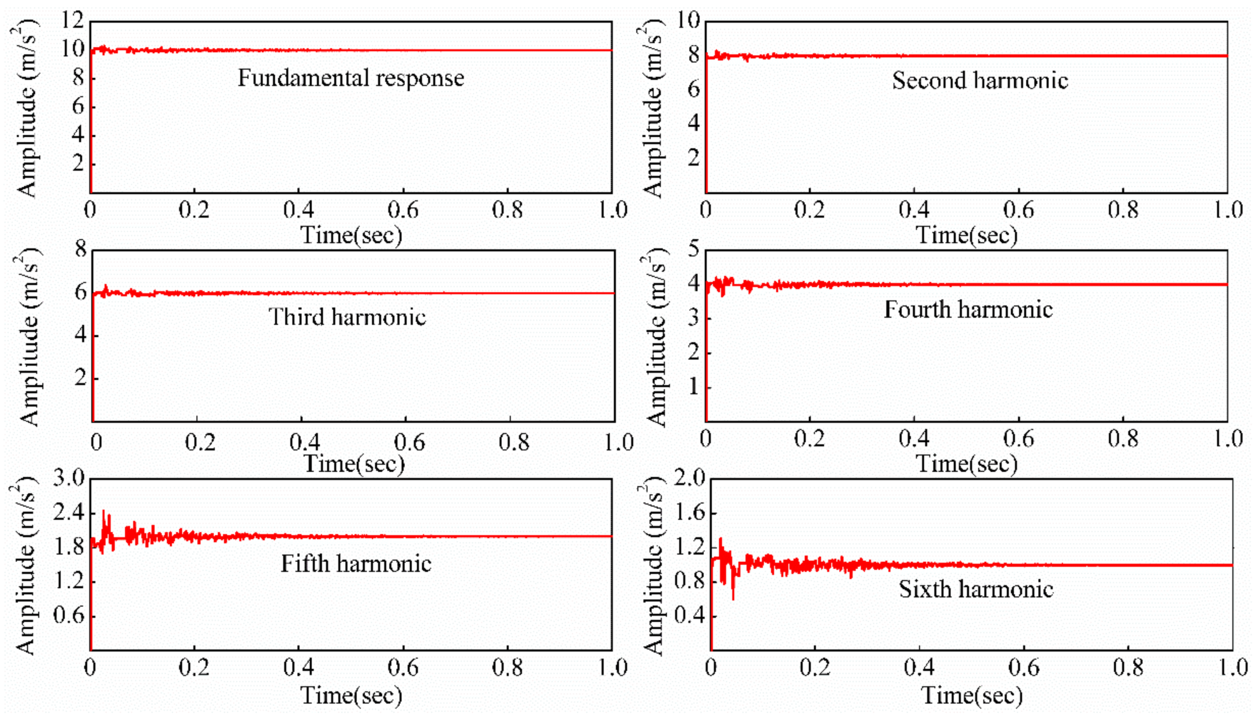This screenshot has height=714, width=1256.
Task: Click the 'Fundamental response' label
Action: click(x=351, y=78)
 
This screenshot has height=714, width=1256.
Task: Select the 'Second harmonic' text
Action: click(x=980, y=81)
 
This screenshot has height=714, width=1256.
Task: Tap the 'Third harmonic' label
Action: click(x=347, y=317)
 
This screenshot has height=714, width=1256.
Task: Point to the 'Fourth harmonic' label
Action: click(x=968, y=309)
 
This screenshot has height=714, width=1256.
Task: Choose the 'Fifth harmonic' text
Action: click(x=356, y=563)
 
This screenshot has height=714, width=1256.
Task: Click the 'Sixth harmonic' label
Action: click(x=976, y=589)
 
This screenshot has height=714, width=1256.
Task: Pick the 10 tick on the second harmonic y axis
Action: click(x=689, y=22)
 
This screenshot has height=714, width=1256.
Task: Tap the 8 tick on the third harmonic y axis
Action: click(x=81, y=251)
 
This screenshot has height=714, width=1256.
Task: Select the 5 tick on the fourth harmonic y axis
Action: click(x=693, y=250)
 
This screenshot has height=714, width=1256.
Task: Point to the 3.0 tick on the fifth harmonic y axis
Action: click(x=69, y=478)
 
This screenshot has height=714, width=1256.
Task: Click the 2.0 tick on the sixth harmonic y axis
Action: click(x=689, y=478)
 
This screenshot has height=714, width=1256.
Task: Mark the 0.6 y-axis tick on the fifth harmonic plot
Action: click(x=69, y=616)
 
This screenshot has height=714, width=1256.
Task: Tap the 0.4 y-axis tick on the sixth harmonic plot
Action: click(x=689, y=616)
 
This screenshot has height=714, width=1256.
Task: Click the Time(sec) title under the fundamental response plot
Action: click(x=351, y=235)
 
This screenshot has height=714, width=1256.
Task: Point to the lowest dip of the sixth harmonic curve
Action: click(x=733, y=599)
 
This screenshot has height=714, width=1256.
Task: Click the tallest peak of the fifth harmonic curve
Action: click(x=103, y=511)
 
